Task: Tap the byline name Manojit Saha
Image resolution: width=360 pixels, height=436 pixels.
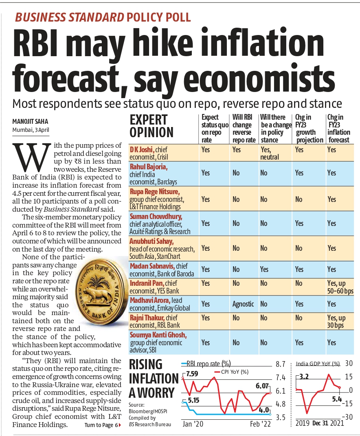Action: pos(30,121)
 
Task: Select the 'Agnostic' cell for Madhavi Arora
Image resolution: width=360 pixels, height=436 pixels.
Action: pos(243,304)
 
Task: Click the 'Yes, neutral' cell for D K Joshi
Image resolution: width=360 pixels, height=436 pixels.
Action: pos(270,153)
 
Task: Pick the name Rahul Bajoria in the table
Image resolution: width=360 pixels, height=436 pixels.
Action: pos(149,167)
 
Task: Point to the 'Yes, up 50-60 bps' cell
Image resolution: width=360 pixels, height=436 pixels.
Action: pos(340,287)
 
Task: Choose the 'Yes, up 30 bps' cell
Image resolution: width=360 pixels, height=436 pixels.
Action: pos(336,322)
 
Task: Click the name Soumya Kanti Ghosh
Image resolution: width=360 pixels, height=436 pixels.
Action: pos(158,335)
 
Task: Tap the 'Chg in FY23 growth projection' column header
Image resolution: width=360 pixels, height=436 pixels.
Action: pos(309,129)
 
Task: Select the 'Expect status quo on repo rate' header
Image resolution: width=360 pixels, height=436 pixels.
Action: pos(215,129)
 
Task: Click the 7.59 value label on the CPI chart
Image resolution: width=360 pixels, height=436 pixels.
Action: pos(192,374)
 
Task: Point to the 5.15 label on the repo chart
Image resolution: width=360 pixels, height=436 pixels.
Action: pos(193,401)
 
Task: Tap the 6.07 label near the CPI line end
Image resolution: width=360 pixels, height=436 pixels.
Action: pos(262,386)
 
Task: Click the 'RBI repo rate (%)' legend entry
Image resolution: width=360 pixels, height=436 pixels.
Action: pos(206,364)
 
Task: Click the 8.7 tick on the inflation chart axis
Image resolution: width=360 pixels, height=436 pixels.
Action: pos(281,364)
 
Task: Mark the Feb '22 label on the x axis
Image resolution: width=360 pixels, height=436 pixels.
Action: pos(260,424)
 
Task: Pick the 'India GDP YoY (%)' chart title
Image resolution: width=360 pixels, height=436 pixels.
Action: pos(318,364)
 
